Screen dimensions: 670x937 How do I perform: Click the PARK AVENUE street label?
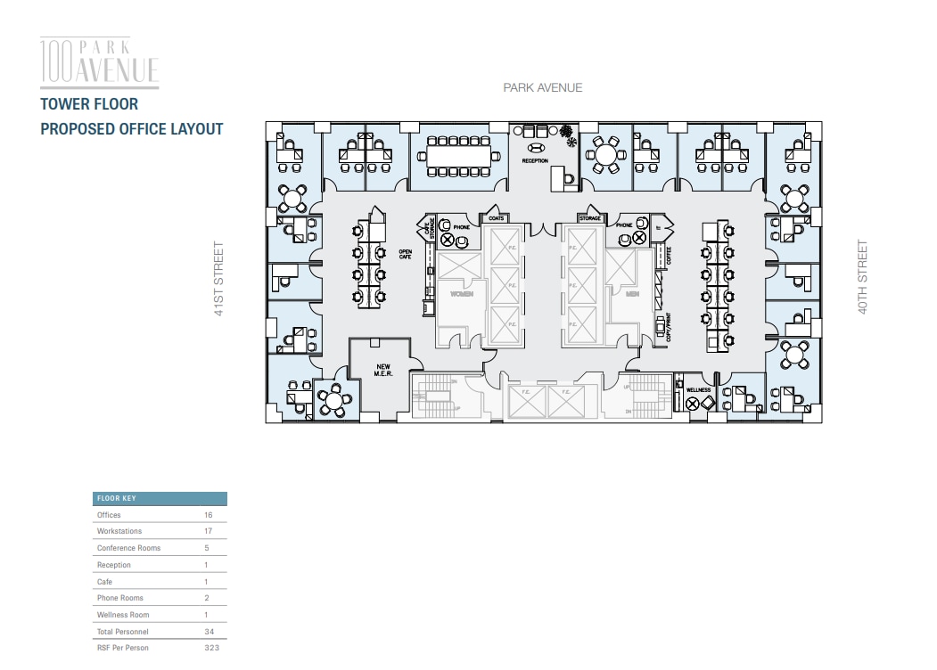point(542,87)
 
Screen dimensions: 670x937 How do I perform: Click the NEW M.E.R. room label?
point(383,370)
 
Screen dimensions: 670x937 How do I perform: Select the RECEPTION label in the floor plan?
point(535,161)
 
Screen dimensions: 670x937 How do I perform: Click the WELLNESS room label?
point(698,390)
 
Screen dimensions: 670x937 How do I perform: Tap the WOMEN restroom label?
point(461,294)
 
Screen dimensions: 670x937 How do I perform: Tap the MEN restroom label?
point(632,294)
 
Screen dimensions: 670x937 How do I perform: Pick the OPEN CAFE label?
point(406,254)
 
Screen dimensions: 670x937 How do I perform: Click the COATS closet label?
point(496,218)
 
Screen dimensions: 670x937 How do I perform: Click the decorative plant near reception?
point(568,140)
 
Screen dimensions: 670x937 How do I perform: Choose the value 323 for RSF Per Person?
point(210,648)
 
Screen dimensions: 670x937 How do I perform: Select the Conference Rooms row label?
point(128,548)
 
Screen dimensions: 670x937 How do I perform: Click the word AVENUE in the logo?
point(119,69)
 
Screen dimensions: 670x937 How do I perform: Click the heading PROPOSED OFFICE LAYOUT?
point(132,129)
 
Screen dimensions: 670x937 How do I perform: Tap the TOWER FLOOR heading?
point(89,104)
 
